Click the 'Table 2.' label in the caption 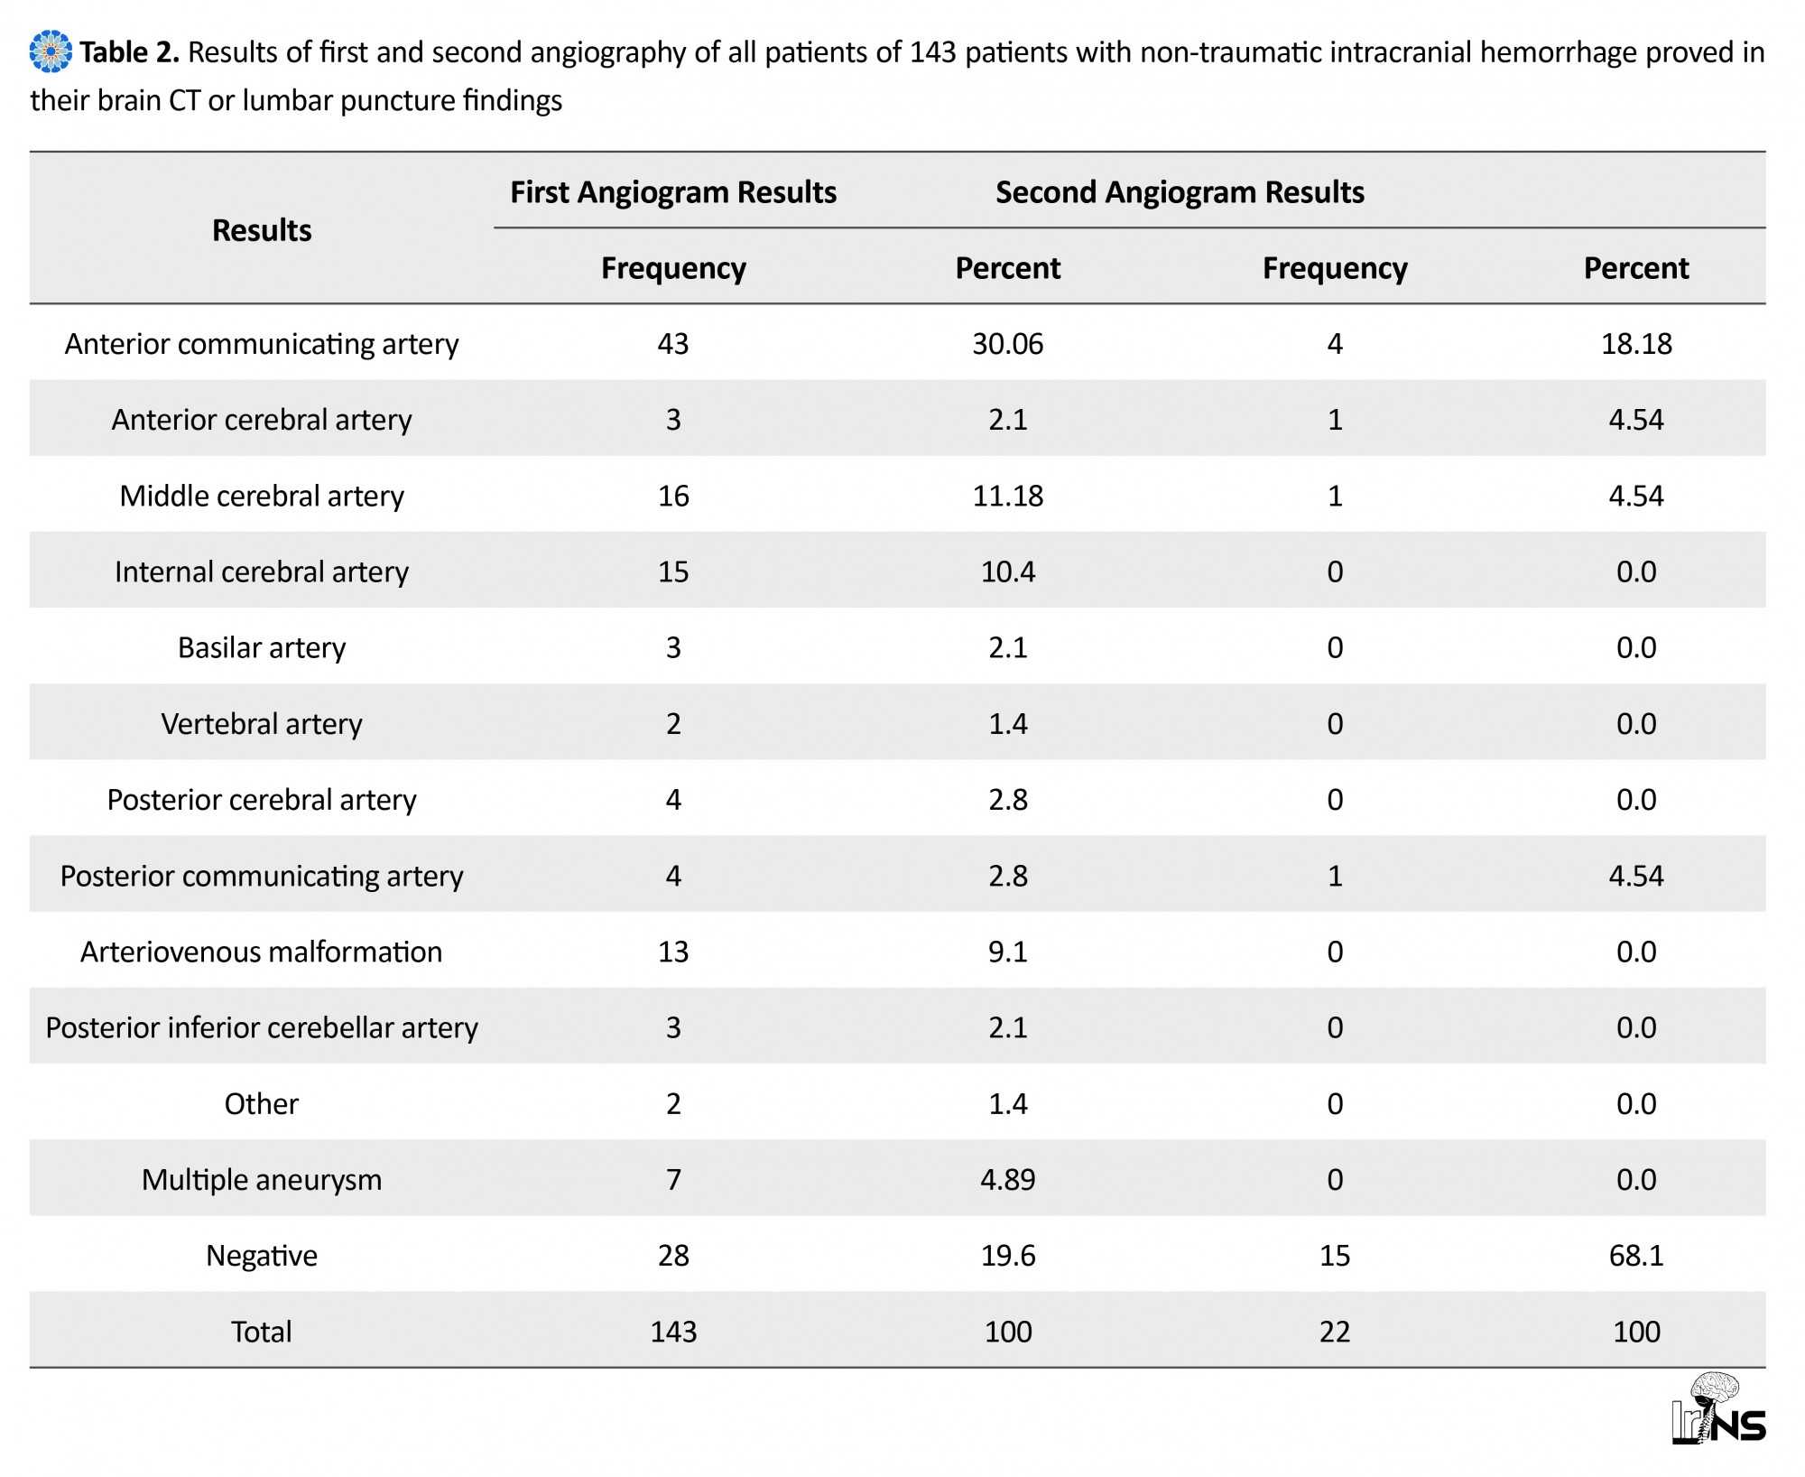point(130,52)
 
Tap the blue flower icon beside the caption point(51,51)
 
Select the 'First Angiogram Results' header point(673,192)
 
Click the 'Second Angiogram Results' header point(1180,192)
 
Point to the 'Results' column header point(262,230)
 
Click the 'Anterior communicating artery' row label point(262,344)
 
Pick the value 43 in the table point(673,344)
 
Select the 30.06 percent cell point(1008,344)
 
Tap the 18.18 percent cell point(1636,344)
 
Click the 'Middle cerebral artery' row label point(262,496)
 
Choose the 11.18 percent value point(1008,496)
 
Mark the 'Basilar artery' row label point(262,648)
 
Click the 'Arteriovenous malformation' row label point(262,952)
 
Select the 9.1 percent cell point(1008,952)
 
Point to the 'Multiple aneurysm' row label point(262,1180)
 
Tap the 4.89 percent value point(1008,1180)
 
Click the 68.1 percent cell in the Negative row point(1636,1256)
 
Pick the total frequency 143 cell point(673,1332)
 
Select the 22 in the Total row point(1335,1332)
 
